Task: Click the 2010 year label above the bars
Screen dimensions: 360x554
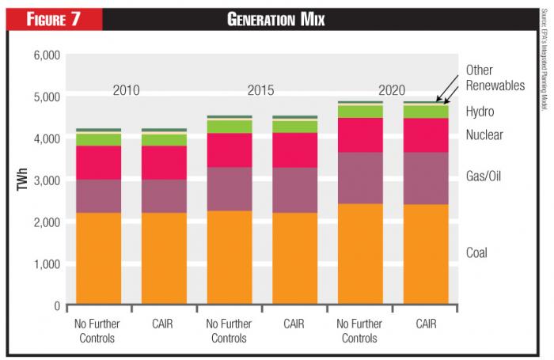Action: point(126,90)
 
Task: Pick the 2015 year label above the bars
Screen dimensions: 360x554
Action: point(260,90)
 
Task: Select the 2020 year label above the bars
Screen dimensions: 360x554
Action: point(394,90)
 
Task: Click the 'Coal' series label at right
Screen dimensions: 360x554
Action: point(476,253)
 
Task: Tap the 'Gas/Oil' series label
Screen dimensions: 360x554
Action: point(484,176)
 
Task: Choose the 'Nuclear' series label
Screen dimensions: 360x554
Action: point(484,135)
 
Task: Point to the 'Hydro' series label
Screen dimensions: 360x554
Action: point(480,112)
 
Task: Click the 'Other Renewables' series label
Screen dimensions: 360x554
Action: point(495,78)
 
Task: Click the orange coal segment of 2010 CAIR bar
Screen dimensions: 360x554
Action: point(165,258)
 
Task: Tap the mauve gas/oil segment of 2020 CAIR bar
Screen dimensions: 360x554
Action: point(426,178)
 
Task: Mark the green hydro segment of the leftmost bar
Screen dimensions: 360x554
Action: point(99,139)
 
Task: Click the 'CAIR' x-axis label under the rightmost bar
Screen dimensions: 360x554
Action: point(426,323)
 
